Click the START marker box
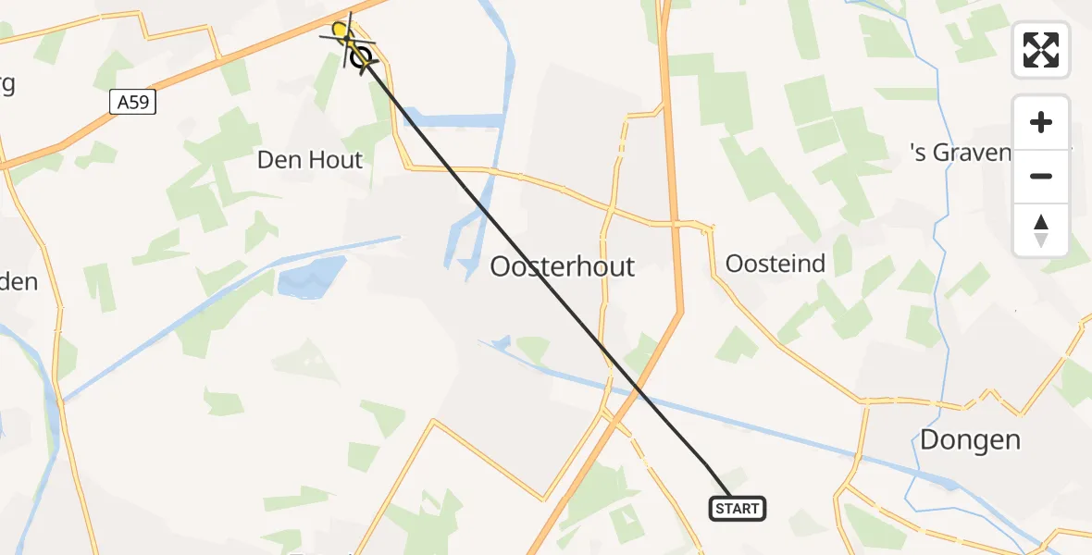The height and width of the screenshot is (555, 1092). tap(738, 508)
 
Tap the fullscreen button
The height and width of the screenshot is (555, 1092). tap(1041, 50)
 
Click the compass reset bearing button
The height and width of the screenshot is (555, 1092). tap(1041, 230)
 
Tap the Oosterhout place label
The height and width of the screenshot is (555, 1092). tap(563, 267)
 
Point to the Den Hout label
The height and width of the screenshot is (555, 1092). tap(310, 160)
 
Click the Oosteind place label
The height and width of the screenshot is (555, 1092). tap(776, 264)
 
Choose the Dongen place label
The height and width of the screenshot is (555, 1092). tap(970, 439)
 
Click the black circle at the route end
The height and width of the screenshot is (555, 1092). tap(361, 59)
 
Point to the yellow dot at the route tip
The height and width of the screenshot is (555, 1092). tap(340, 31)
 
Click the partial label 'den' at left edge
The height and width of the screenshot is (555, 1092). tap(19, 281)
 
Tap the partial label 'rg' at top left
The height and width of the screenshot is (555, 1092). tap(7, 83)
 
